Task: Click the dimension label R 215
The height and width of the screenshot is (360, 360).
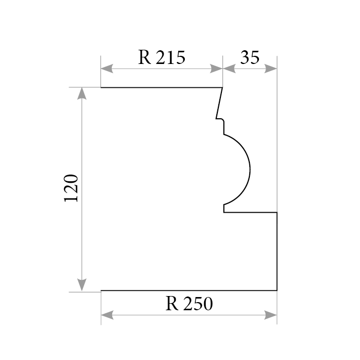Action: (x=161, y=57)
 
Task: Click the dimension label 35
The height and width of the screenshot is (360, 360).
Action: (x=250, y=57)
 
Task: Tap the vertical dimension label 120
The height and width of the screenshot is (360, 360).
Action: (x=71, y=188)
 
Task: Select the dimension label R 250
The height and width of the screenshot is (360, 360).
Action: (x=189, y=304)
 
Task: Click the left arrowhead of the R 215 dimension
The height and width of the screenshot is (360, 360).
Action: (x=107, y=69)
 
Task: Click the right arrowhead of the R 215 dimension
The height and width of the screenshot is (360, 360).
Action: (x=216, y=69)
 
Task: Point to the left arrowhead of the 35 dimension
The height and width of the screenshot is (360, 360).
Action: (x=229, y=69)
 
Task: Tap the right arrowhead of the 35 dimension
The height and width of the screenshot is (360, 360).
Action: (x=271, y=69)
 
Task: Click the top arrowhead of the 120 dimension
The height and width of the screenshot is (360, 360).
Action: (x=82, y=93)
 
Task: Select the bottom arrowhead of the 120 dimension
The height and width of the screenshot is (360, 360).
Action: (x=82, y=285)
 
